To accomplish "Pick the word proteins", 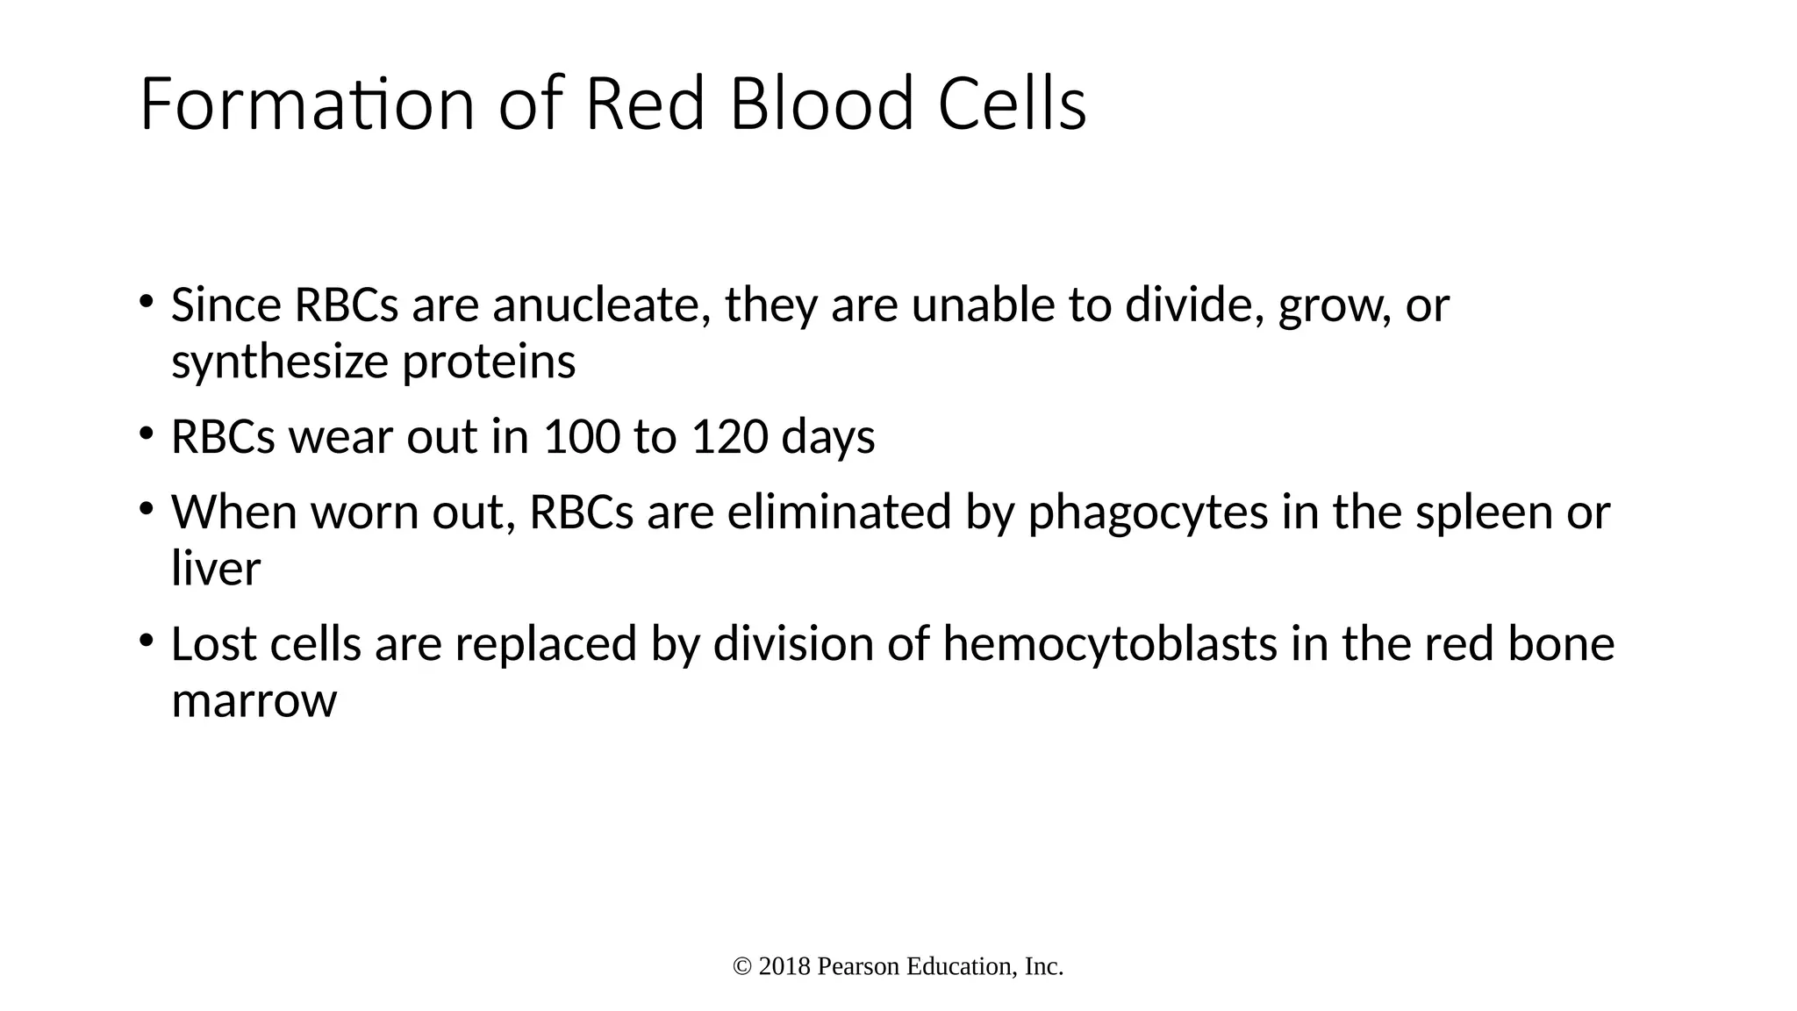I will [x=489, y=362].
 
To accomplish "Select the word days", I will [x=827, y=439].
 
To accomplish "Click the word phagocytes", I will [x=1148, y=513].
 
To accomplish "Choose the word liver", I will [x=216, y=569].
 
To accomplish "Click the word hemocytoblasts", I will [x=1110, y=644].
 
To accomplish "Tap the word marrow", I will [x=254, y=701].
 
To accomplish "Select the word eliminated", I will [x=839, y=513].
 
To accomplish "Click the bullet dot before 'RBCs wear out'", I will [x=147, y=432].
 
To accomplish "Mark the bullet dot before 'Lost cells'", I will [x=147, y=639].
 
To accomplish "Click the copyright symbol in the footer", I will [x=742, y=967].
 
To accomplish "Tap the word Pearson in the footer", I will [x=858, y=967].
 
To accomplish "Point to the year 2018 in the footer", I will [x=784, y=967].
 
